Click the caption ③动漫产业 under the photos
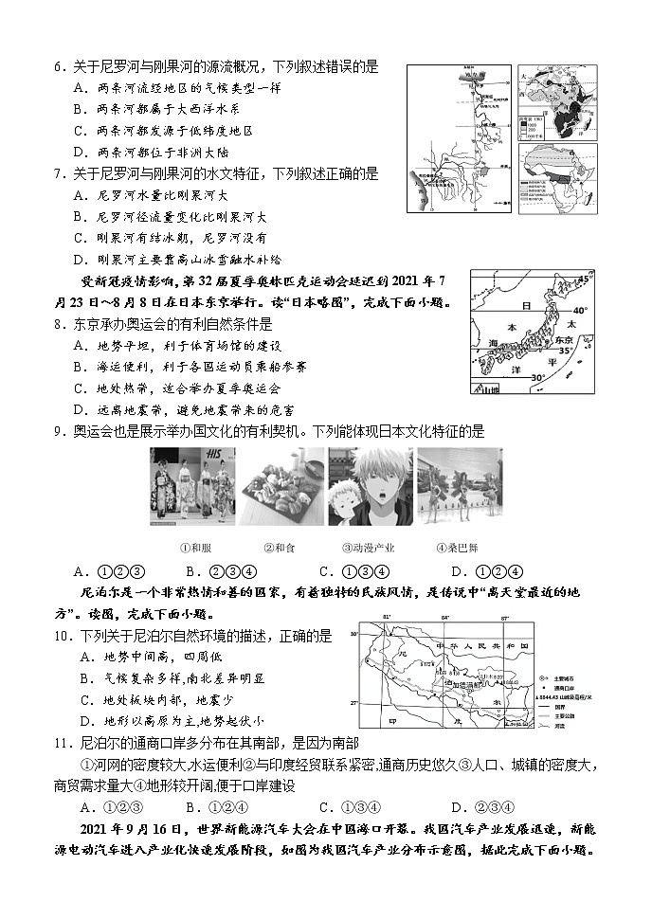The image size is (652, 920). (x=368, y=548)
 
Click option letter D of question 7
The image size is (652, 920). (x=79, y=260)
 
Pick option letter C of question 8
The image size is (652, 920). (x=79, y=388)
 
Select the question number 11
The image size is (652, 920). (x=58, y=744)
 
